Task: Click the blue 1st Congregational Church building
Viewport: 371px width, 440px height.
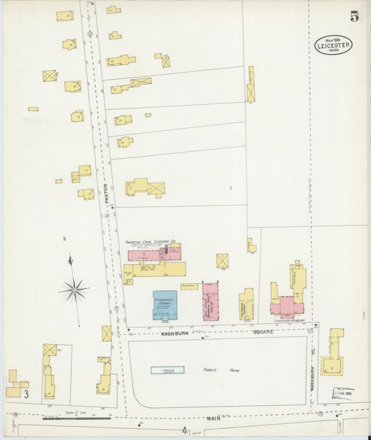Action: (x=164, y=305)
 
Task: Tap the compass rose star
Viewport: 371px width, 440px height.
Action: (x=74, y=288)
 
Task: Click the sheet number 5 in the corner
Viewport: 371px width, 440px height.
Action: (x=354, y=17)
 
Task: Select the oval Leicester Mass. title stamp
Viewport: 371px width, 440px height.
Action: (x=333, y=45)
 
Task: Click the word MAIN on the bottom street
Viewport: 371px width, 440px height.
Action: (x=213, y=418)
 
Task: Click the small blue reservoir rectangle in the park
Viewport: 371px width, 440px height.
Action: (x=167, y=370)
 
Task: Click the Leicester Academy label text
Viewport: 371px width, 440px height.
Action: (x=290, y=321)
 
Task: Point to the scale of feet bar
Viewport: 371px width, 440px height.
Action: (x=76, y=418)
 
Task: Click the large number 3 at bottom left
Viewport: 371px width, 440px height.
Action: (x=26, y=395)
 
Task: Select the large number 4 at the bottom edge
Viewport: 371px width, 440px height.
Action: (x=185, y=432)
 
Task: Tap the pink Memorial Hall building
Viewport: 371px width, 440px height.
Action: (x=210, y=302)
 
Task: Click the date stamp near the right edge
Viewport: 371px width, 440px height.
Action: (x=343, y=393)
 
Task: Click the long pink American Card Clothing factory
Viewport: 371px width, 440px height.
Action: (x=150, y=254)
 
